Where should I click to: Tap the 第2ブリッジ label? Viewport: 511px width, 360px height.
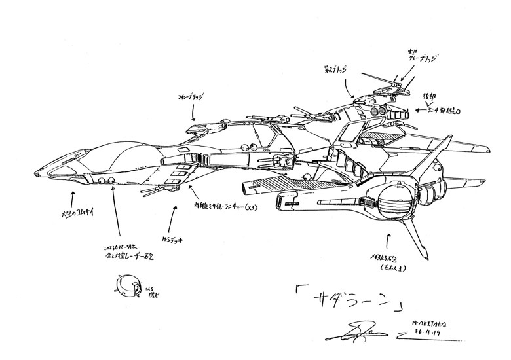339,67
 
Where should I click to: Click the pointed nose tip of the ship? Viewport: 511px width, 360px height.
37,173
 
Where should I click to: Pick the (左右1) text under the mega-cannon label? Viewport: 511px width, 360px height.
388,267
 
